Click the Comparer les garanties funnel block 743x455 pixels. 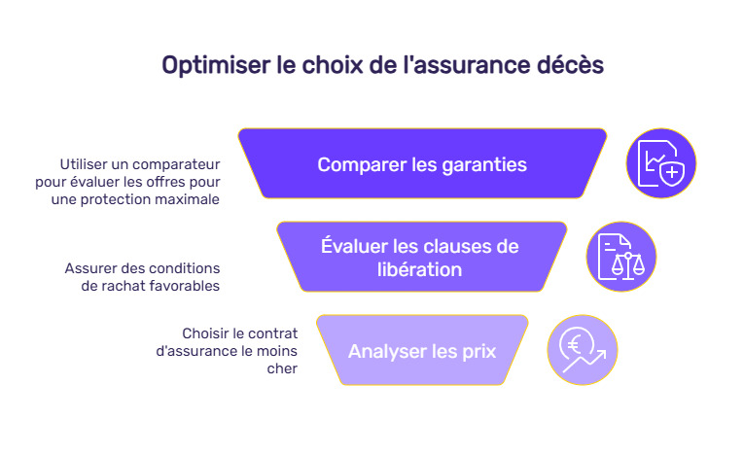[422, 164]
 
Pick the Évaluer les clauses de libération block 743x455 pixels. [421, 257]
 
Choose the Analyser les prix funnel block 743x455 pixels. [422, 350]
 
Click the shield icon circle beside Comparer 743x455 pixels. [661, 163]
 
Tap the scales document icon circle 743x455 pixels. [620, 257]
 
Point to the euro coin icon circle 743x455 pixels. [582, 350]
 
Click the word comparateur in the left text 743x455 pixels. [179, 163]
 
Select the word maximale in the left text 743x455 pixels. [189, 198]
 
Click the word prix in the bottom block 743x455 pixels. [477, 350]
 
